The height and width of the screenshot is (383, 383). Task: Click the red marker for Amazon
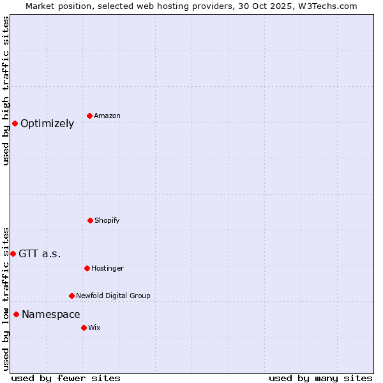coord(89,116)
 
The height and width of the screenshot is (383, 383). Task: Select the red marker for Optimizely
coord(15,123)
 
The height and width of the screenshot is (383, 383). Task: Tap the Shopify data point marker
coord(90,220)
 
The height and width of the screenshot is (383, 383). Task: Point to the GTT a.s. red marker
coord(13,253)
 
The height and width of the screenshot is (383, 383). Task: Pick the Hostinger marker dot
coord(87,268)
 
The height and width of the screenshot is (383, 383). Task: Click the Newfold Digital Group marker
coord(71,296)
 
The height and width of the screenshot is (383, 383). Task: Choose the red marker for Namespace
coord(16,314)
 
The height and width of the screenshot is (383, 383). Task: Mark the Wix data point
coord(84,327)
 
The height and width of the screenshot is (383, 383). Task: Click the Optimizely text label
coord(47,124)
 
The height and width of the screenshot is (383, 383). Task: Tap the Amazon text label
coord(107,116)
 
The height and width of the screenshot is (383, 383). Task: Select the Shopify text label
coord(107,221)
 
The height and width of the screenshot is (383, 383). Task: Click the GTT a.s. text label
coord(40,254)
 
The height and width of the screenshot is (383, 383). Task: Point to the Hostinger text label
coord(107,269)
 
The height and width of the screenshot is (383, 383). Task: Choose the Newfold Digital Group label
coord(113,296)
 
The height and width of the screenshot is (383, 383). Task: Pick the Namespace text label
coord(51,315)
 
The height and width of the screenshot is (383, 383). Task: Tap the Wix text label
coord(94,328)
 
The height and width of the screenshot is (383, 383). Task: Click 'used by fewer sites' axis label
coord(66,378)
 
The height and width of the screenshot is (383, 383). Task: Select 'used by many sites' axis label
coord(320,378)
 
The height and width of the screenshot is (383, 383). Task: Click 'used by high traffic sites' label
coord(6,91)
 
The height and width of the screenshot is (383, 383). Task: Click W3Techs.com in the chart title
coord(326,6)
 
